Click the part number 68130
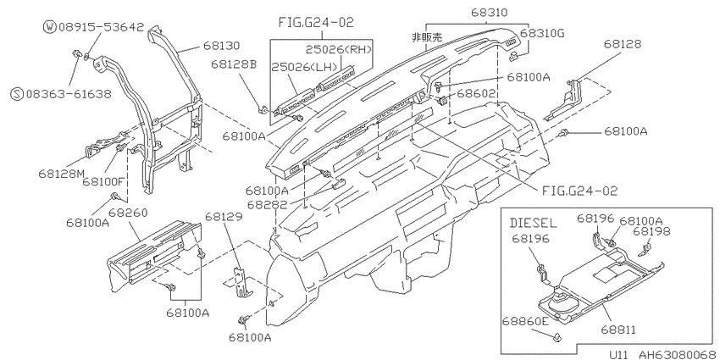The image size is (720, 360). tap(221, 46)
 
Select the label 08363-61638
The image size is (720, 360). tap(69, 94)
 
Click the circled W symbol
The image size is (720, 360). tap(50, 27)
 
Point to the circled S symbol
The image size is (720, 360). tap(17, 94)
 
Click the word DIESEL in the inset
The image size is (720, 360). tap(533, 224)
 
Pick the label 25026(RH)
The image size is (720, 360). tap(339, 50)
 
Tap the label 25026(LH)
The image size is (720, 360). tap(304, 66)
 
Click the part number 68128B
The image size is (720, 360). tap(233, 64)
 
